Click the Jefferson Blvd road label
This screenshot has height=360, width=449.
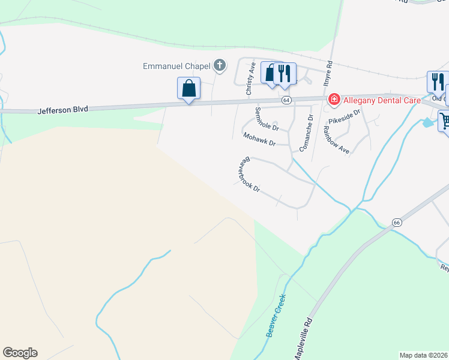pos(62,110)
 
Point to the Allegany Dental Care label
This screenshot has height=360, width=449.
pos(381,100)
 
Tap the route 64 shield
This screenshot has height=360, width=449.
pos(287,100)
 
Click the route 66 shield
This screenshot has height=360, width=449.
pos(396,222)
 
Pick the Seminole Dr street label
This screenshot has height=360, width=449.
pos(267,119)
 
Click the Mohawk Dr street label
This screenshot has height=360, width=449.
pos(259,140)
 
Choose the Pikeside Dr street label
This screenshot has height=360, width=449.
pos(348,116)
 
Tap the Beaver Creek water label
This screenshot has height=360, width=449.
pos(276,315)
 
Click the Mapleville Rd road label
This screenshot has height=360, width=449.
pos(304,339)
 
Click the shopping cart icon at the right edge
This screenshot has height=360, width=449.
pos(444,121)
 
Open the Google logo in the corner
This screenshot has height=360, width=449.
pos(20,353)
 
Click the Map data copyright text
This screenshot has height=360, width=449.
pos(424,355)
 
